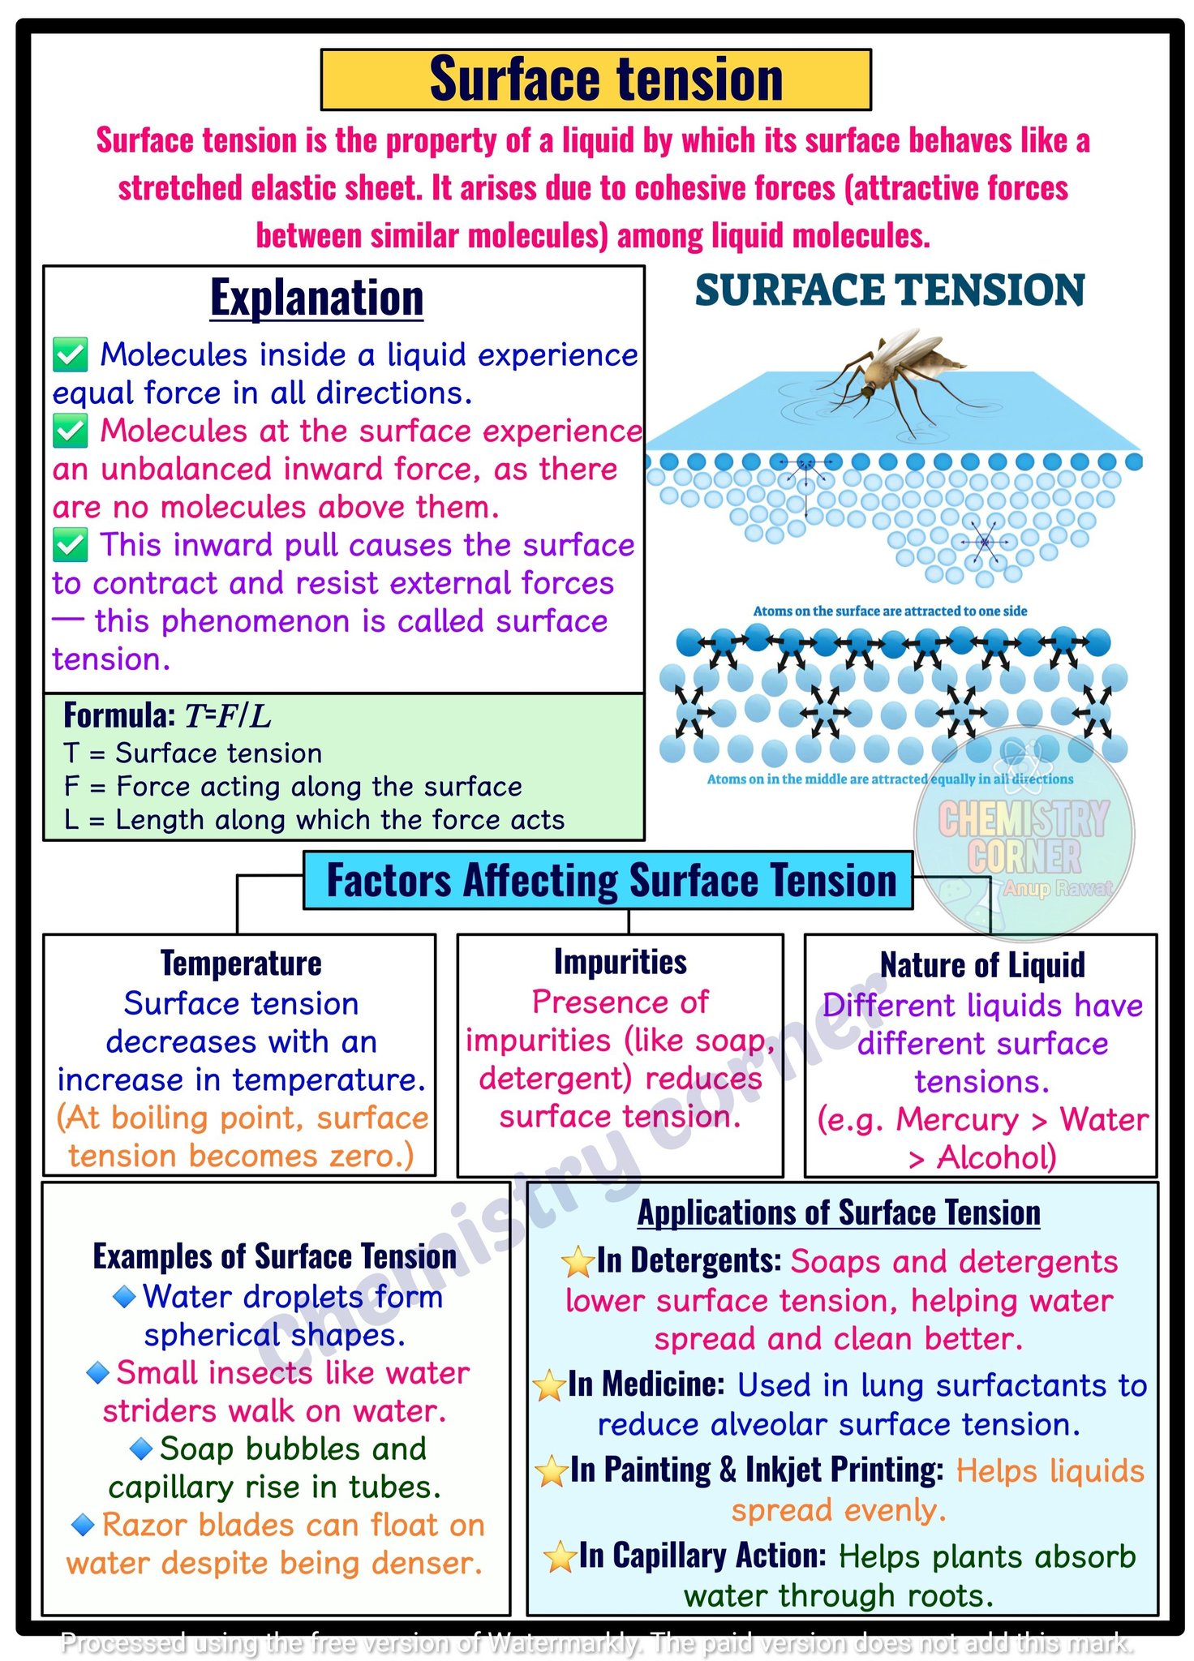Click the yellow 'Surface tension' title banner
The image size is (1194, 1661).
(x=595, y=79)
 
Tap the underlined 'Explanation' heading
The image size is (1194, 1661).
(x=316, y=298)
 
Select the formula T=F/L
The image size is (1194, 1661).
(x=228, y=716)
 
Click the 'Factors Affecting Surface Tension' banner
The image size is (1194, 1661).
(x=608, y=881)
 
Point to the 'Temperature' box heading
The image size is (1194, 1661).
(x=241, y=964)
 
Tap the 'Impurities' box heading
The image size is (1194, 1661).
(x=621, y=962)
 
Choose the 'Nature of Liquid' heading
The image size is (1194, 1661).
(x=982, y=965)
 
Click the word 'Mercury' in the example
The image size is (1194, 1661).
(x=957, y=1120)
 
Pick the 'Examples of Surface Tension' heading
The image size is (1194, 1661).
(x=275, y=1256)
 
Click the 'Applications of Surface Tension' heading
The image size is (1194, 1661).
(x=839, y=1213)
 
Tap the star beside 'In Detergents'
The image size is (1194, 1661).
(x=578, y=1262)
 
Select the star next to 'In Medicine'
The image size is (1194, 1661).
(x=549, y=1385)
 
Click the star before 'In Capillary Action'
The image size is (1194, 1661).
(x=560, y=1557)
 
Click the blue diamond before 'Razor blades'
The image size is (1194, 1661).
(x=84, y=1525)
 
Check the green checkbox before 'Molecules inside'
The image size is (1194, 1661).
(x=71, y=355)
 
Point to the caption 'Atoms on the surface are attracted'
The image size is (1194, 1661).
(x=890, y=611)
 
